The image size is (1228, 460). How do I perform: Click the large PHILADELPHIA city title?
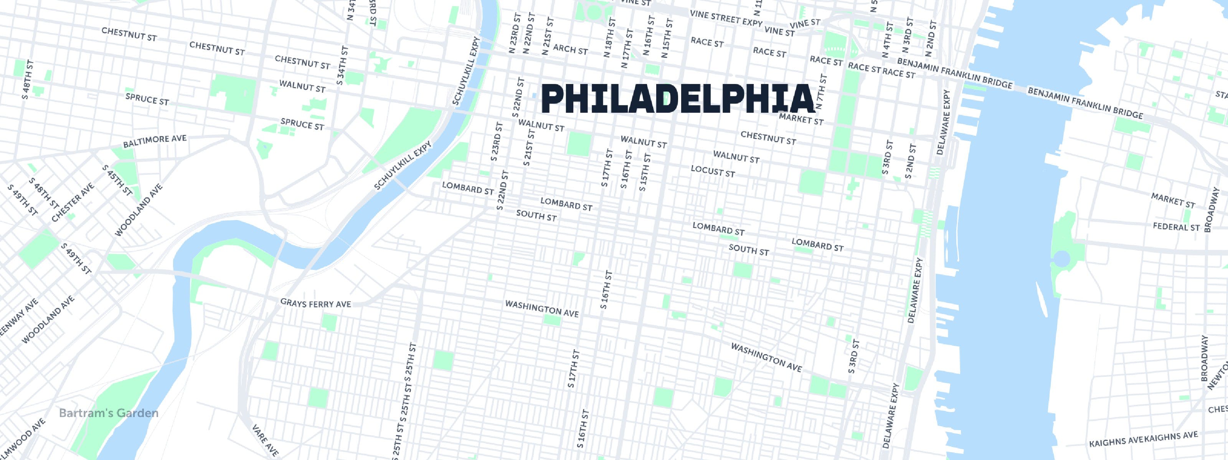pos(677,99)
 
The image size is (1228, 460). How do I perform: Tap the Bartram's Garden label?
pos(109,413)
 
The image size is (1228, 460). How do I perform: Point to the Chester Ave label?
pos(73,202)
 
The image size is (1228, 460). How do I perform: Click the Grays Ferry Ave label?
pos(315,303)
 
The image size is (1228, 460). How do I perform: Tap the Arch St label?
pos(570,49)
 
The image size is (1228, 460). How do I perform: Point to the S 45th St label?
pos(117,180)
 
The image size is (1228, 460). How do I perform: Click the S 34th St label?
pos(342,66)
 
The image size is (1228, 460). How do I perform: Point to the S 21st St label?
pos(529,147)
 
